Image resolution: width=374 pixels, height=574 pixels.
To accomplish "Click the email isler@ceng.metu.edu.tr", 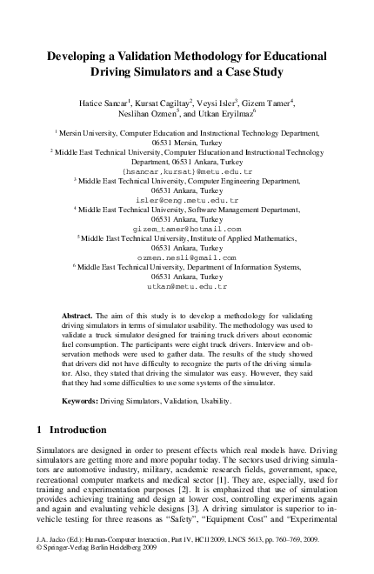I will [186, 199].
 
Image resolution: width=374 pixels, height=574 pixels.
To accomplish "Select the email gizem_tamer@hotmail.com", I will [186, 229].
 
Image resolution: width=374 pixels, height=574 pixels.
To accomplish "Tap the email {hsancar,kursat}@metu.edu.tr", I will [186, 171].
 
